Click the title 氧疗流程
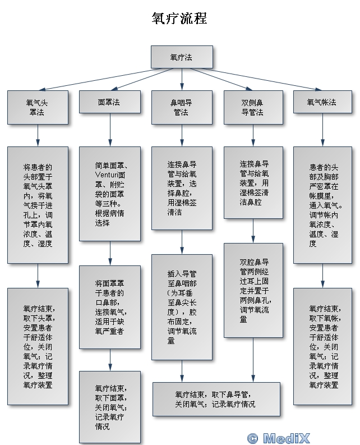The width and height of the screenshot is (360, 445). click(179, 19)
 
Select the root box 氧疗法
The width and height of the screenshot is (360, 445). click(182, 57)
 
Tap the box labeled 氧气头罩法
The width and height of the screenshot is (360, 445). click(38, 107)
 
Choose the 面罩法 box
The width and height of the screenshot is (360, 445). click(109, 103)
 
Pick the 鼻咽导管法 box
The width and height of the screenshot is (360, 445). click(182, 107)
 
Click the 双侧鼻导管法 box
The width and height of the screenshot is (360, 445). click(252, 107)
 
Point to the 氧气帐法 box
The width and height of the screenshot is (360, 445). click(322, 103)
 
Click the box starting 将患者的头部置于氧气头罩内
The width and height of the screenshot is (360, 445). click(38, 205)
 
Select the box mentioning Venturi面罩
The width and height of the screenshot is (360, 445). click(109, 194)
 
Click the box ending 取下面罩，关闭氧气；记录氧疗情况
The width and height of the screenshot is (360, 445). click(109, 406)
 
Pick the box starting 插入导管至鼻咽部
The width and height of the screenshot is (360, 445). click(182, 306)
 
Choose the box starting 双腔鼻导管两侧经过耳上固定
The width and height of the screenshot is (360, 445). click(252, 290)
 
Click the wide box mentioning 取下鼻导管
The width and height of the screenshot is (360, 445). click(216, 399)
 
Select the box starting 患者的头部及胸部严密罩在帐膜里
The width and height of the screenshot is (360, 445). click(322, 205)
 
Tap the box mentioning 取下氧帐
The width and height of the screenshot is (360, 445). click(322, 346)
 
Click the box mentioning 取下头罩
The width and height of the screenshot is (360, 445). click(38, 346)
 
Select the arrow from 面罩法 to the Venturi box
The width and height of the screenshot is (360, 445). click(109, 135)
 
